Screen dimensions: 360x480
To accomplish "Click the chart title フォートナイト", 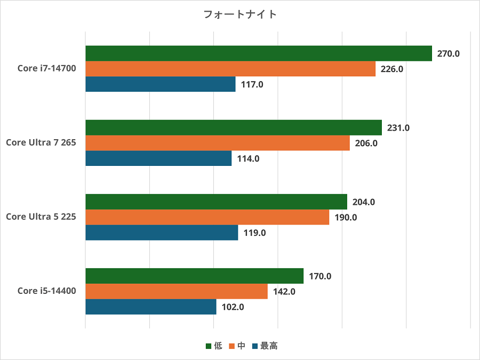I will coord(240,14).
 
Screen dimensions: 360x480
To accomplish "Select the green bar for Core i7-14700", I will coord(258,53).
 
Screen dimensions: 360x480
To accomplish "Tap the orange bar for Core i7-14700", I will coord(230,69).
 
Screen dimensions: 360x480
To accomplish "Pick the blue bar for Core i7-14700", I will coord(160,84).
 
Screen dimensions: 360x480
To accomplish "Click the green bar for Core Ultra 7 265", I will coord(233,127).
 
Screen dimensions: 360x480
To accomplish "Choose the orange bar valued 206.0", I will coord(217,143).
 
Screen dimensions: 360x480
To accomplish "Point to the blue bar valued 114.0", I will coord(158,158).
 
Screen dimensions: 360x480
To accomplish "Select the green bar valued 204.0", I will coord(216,202).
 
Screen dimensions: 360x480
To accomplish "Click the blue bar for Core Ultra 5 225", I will coord(162,233).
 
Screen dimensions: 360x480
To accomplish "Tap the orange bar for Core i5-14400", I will coord(176,291).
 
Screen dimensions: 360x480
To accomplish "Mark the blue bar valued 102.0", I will coord(150,307).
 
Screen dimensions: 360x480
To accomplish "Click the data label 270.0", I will coord(449,53).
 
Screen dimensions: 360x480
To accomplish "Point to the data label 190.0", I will coord(346,217).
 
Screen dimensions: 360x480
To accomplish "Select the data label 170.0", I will coord(321,276).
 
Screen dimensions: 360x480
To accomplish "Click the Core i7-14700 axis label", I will coord(46,69).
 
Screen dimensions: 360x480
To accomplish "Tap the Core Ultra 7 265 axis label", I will coord(41,143).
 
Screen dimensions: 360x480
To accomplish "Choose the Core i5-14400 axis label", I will coord(46,291).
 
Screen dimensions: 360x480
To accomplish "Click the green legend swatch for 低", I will coord(209,346).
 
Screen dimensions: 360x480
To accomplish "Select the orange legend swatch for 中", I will coord(231,346).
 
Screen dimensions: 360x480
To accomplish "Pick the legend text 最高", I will coord(269,346).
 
